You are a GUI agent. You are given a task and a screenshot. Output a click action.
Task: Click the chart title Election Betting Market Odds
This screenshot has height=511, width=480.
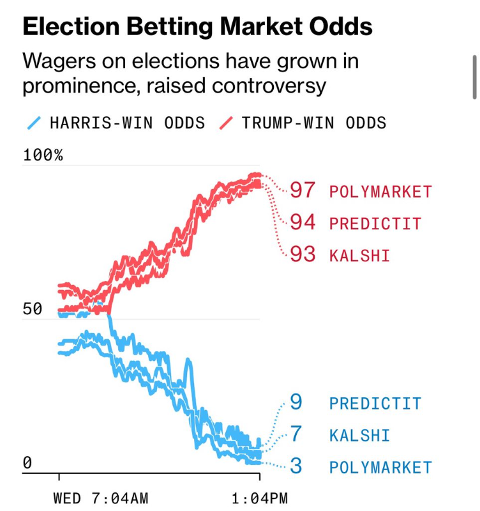pos(197,26)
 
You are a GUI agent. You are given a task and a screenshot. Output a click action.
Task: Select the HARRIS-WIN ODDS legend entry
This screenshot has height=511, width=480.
pos(119,123)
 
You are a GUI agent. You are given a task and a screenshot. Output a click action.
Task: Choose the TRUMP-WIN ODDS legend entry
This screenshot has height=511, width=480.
pos(304,123)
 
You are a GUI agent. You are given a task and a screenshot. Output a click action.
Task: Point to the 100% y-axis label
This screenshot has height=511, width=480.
pos(43,155)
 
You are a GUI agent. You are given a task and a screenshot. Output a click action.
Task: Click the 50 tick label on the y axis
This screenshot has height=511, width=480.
pos(32,309)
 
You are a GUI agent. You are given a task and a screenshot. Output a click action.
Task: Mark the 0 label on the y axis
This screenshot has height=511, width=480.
pos(27,462)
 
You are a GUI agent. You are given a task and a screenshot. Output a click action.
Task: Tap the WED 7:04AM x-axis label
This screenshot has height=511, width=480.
pos(100,498)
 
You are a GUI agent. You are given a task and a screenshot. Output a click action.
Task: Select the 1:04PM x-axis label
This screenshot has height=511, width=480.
pos(259,498)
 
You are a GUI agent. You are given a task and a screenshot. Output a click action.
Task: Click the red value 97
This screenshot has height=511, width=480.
pos(303,190)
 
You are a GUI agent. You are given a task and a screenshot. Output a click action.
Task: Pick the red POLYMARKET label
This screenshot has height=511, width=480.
pos(380,192)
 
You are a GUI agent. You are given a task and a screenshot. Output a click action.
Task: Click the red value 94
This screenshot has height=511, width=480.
pos(303,222)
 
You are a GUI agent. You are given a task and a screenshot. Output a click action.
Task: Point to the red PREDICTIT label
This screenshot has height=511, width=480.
pos(375,224)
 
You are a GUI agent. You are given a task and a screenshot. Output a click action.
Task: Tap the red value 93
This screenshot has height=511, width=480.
pos(303,254)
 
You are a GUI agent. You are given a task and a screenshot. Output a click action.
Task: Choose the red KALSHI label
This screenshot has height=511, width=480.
pos(359,256)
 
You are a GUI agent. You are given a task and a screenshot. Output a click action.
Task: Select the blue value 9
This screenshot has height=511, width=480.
pos(296,402)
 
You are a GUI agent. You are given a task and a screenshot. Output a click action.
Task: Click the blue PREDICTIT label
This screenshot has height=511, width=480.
pos(375,404)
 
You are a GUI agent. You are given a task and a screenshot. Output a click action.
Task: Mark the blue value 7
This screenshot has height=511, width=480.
pos(296,434)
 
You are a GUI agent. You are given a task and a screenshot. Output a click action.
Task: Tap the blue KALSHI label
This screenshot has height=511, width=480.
pos(359,436)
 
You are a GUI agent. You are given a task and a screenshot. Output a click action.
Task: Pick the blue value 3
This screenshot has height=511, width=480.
pos(296,466)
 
